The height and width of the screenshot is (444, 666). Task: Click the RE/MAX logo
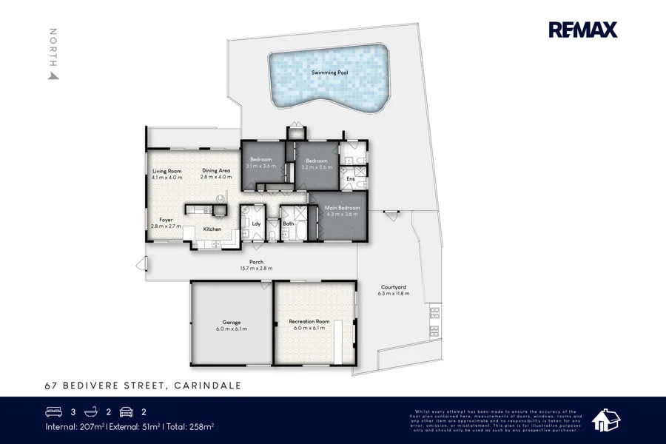click(582, 30)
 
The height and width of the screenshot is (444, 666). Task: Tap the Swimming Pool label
click(329, 73)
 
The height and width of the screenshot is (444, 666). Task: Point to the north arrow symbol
click(53, 74)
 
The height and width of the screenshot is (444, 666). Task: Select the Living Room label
click(166, 171)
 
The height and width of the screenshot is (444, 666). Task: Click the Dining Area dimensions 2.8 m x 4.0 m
click(216, 178)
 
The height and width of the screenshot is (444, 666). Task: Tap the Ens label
click(350, 178)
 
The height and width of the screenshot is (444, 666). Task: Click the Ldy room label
click(256, 223)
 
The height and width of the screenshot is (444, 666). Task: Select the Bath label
click(289, 223)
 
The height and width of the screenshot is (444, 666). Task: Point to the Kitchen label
click(212, 229)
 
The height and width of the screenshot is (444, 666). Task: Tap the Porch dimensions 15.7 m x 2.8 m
click(256, 268)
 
